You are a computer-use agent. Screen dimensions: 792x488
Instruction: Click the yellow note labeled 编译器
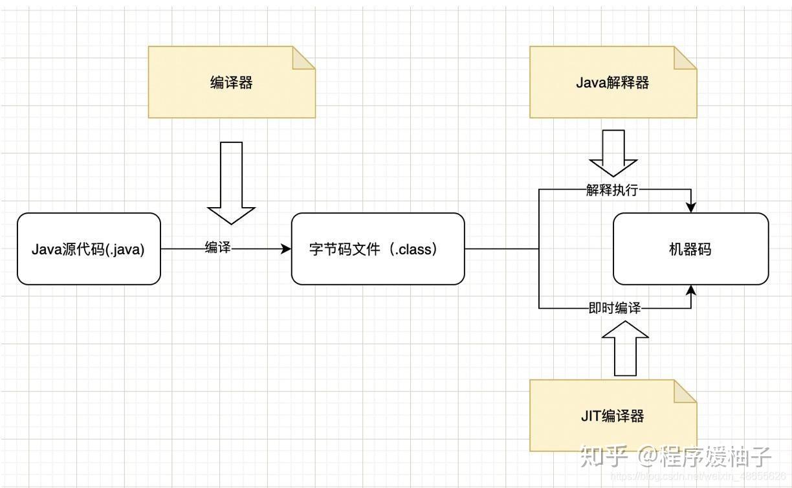(232, 82)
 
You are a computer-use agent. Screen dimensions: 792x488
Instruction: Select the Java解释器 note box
(613, 82)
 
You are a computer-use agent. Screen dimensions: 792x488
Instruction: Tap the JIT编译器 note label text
(612, 416)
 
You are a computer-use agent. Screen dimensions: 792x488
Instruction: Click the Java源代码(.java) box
(89, 249)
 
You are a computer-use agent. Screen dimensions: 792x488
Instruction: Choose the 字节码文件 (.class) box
(378, 249)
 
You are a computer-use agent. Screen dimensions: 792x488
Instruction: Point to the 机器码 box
(690, 249)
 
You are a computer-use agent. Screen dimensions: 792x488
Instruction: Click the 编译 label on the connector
(218, 247)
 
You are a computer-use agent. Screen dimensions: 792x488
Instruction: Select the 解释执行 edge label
(612, 190)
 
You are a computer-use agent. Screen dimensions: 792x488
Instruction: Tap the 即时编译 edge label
(615, 307)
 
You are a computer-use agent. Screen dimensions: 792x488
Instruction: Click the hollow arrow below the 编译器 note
(231, 183)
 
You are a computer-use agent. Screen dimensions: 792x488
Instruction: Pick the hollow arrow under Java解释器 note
(613, 153)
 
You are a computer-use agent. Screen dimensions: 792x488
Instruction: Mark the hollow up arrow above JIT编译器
(625, 348)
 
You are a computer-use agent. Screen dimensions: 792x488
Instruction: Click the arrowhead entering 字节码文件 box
(286, 249)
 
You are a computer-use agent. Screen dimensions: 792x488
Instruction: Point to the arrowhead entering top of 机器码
(691, 208)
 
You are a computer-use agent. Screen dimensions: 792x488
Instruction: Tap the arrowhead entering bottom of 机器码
(691, 291)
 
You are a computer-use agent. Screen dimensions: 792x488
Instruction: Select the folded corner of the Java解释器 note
(685, 58)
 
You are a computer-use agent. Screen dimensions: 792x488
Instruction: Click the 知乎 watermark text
(604, 456)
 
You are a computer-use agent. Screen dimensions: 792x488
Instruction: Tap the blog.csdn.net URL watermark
(698, 476)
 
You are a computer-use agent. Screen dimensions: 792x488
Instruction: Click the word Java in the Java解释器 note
(591, 83)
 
